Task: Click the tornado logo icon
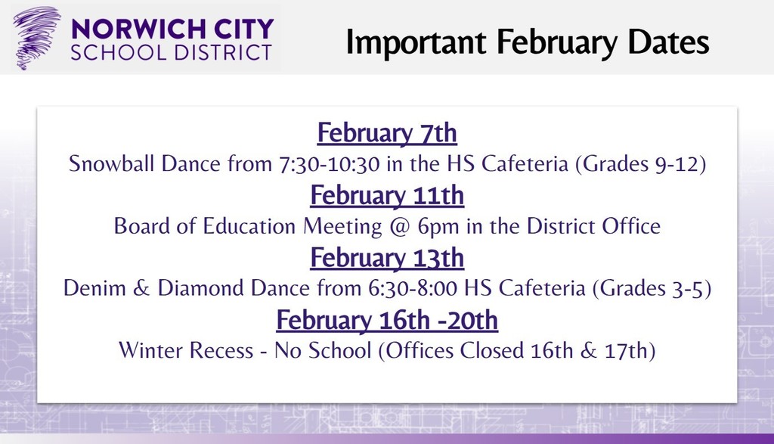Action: (x=36, y=37)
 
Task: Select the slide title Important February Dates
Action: (x=528, y=42)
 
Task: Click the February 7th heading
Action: (x=387, y=133)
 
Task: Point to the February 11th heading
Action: (x=387, y=196)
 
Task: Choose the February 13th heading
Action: (x=387, y=258)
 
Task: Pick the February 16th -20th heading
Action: (x=387, y=321)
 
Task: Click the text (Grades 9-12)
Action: (x=640, y=164)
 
